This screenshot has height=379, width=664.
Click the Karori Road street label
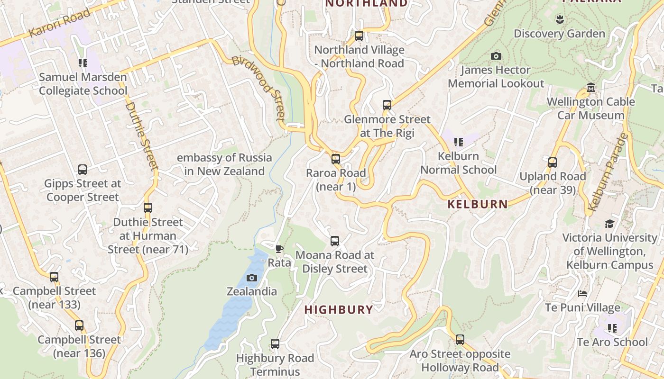tap(59, 23)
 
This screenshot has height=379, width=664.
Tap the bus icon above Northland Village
tap(359, 36)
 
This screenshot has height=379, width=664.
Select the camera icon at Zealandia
tap(252, 278)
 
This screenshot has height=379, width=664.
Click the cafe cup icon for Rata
tap(279, 249)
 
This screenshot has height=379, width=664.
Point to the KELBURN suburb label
tap(478, 204)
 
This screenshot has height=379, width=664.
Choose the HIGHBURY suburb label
tap(339, 310)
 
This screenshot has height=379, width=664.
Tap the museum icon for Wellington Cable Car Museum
tap(591, 88)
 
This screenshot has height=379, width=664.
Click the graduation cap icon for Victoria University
tap(609, 224)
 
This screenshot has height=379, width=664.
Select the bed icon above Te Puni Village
tap(582, 294)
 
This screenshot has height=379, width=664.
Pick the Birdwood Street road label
tap(260, 88)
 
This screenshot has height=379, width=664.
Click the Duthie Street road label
tap(141, 135)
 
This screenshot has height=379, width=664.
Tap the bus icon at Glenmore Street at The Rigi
tap(387, 105)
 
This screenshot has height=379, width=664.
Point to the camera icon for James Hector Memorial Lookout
tap(496, 56)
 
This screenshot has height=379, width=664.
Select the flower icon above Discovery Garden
tap(560, 19)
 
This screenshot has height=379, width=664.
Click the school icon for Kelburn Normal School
tap(458, 142)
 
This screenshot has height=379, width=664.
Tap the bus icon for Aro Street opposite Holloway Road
tap(460, 340)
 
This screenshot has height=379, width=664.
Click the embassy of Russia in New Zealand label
tap(224, 164)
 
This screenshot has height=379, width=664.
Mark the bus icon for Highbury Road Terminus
tap(275, 344)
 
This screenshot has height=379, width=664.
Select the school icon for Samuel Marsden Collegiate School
tap(83, 63)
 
